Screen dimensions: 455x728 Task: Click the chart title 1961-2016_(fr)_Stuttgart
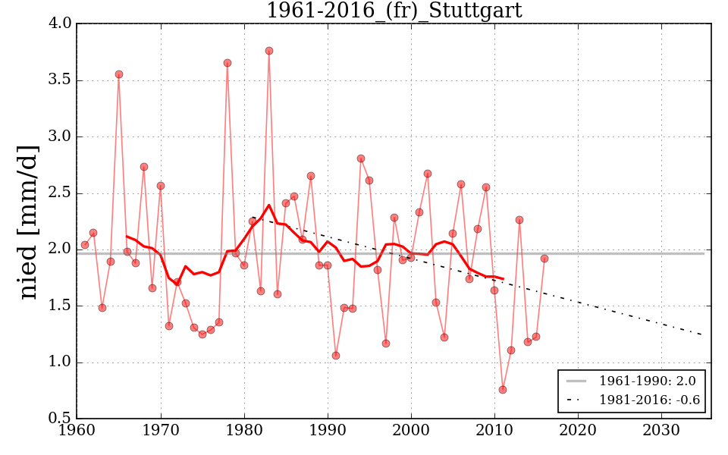(x=394, y=11)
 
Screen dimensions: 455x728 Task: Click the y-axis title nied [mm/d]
(x=29, y=221)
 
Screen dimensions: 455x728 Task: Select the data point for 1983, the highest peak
(x=269, y=51)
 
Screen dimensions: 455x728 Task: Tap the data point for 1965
(x=119, y=74)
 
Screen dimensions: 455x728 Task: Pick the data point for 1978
(x=227, y=63)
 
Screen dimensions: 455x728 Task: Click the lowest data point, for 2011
(x=503, y=390)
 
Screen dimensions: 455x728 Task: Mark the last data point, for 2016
(x=544, y=259)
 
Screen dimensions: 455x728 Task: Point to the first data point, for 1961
(x=85, y=245)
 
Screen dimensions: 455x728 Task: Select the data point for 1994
(x=361, y=158)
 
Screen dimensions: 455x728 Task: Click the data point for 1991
(x=336, y=356)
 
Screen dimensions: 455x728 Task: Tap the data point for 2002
(x=428, y=174)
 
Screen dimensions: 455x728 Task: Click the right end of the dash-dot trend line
(x=703, y=335)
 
